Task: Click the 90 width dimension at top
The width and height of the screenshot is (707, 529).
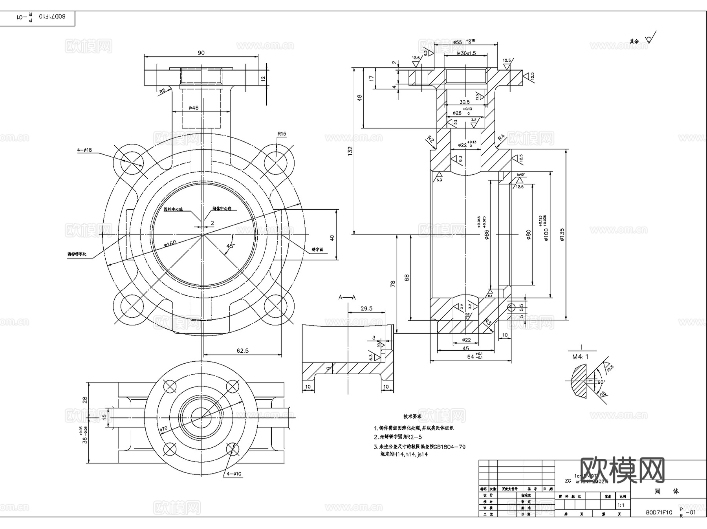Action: [201, 53]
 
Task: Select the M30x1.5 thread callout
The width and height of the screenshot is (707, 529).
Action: [466, 53]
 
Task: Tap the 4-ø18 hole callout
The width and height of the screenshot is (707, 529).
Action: [84, 150]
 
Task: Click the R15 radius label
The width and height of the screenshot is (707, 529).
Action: [282, 134]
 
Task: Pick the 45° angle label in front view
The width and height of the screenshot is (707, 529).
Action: [230, 246]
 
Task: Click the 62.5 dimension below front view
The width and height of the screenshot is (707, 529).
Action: [242, 351]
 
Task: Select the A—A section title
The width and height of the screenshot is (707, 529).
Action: [347, 297]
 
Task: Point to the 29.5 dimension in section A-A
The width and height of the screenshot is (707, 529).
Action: [366, 309]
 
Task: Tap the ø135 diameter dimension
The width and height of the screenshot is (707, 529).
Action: [562, 234]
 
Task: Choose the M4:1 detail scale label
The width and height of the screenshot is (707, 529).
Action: [580, 357]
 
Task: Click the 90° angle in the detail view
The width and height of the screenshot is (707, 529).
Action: [601, 382]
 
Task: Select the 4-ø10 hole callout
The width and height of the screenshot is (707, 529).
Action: [234, 474]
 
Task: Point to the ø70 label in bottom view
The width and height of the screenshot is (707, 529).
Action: [164, 429]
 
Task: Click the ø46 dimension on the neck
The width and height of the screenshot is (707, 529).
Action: [194, 108]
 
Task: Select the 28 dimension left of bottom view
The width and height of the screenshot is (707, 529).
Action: [85, 400]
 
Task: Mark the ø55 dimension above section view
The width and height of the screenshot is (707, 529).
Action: [457, 42]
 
